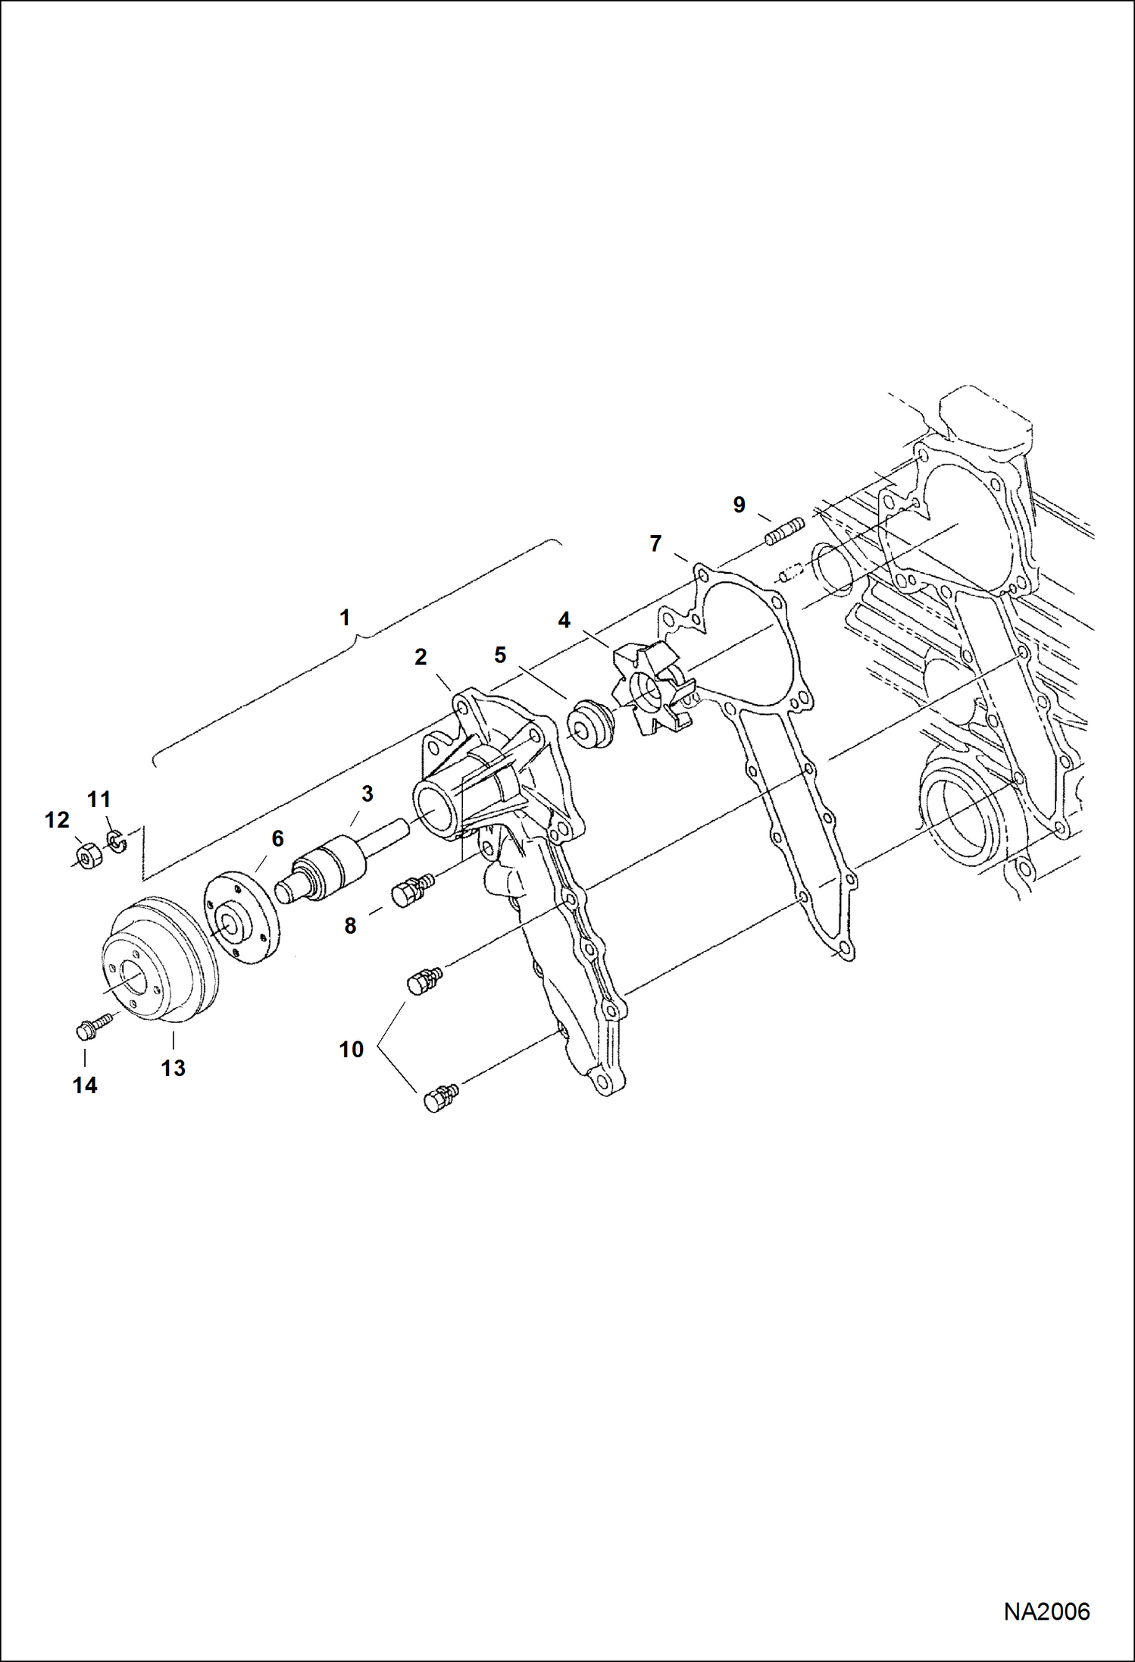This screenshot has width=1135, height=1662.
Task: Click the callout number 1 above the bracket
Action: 345,618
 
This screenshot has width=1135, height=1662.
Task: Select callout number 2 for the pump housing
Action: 421,657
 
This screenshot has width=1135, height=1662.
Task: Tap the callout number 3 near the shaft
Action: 367,793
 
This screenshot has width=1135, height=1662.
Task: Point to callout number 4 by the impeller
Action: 564,621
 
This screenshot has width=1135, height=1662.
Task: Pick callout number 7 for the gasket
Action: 656,543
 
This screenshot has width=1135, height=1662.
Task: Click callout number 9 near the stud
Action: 739,505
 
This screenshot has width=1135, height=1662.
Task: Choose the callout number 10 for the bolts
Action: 352,1050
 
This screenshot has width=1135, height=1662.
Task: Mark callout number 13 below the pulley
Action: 174,1068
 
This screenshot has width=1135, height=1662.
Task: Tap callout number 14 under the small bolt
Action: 85,1085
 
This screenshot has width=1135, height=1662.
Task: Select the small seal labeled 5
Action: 589,724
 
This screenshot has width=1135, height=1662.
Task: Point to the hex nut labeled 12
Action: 90,855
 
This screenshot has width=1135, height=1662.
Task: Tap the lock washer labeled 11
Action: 115,841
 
